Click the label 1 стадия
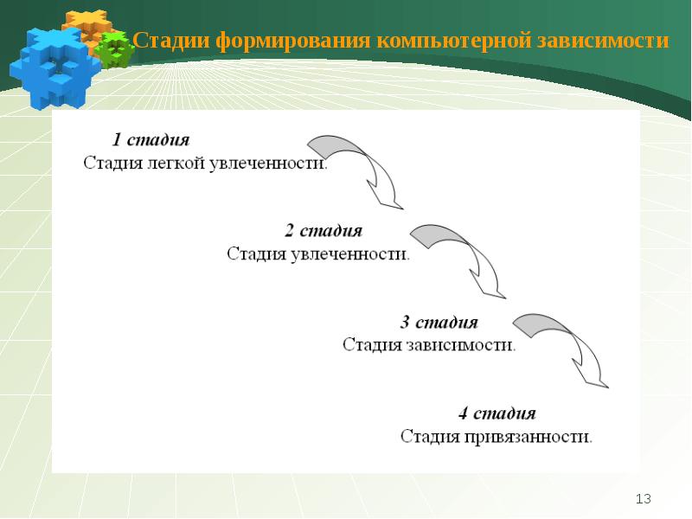pyautogui.click(x=151, y=139)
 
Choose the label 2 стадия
pyautogui.click(x=324, y=231)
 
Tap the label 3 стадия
pyautogui.click(x=439, y=323)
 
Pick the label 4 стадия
pyautogui.click(x=497, y=413)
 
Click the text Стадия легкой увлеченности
pyautogui.click(x=205, y=163)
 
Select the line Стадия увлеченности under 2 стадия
pyautogui.click(x=318, y=254)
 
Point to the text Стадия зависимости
pyautogui.click(x=429, y=345)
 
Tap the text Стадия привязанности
pyautogui.click(x=497, y=436)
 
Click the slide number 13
pyautogui.click(x=643, y=499)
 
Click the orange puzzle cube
pyautogui.click(x=86, y=26)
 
